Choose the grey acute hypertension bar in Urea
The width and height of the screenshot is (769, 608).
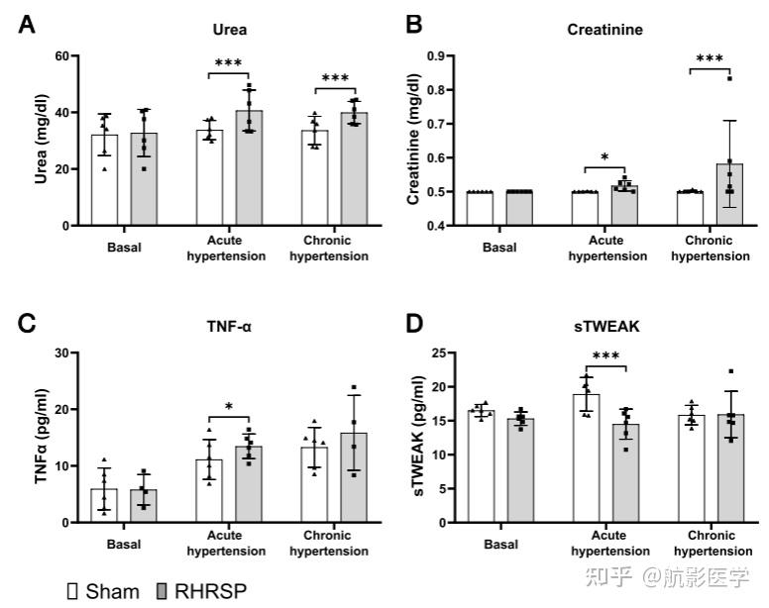click(249, 168)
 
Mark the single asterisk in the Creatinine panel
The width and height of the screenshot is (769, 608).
click(604, 156)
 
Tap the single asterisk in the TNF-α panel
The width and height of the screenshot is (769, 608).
click(229, 406)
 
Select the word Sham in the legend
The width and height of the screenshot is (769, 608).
click(113, 591)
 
